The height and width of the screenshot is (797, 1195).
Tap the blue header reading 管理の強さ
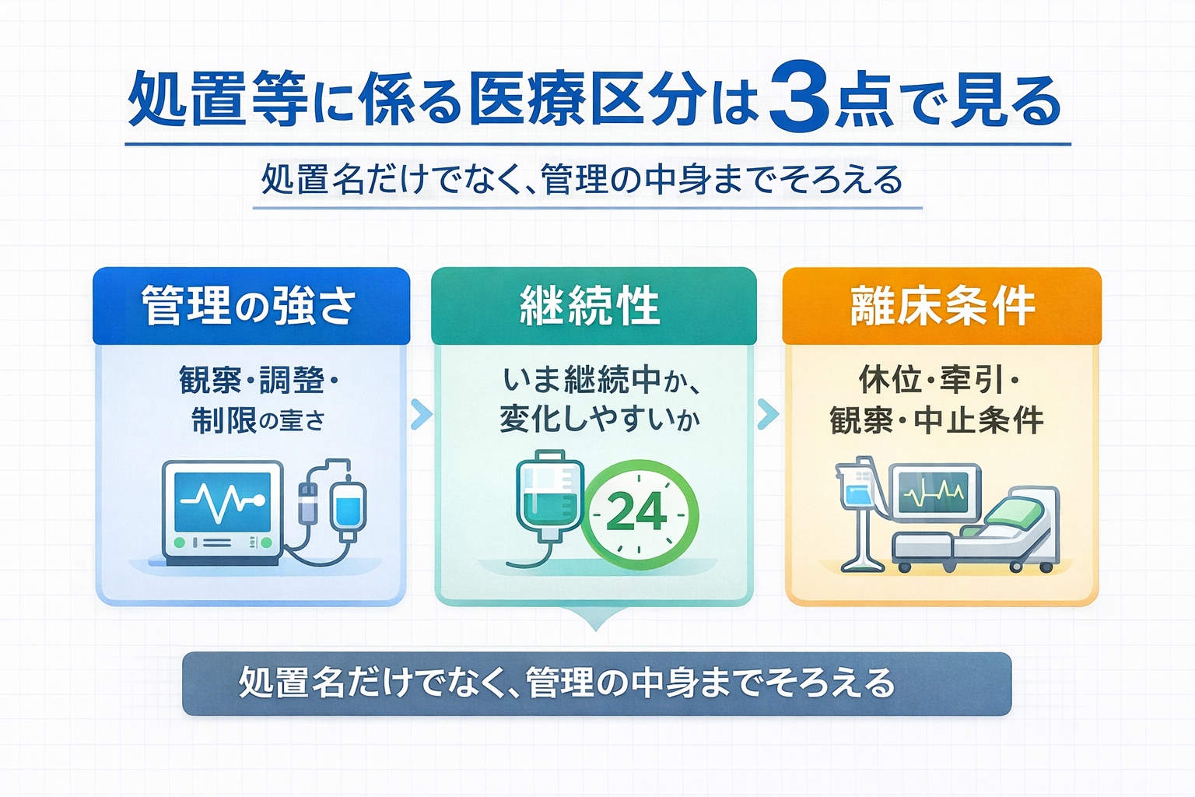click(x=250, y=305)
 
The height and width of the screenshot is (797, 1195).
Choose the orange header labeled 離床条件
click(x=942, y=305)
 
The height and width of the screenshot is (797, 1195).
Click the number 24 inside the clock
click(x=636, y=511)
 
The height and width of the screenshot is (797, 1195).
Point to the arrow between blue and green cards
click(x=421, y=414)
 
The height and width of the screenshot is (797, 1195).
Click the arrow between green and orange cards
click(x=767, y=414)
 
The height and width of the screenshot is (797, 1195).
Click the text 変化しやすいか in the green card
click(x=599, y=420)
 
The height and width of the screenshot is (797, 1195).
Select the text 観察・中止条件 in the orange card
click(x=937, y=420)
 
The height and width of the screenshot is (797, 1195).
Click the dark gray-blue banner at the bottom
click(x=597, y=684)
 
